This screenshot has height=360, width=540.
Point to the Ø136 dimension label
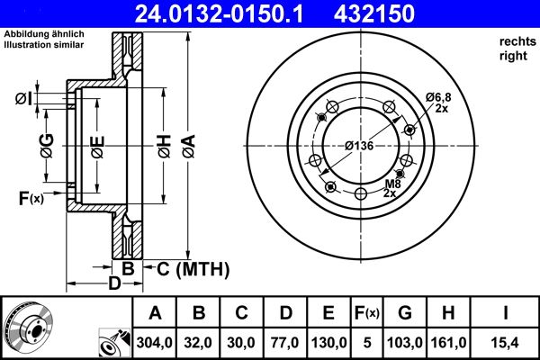pos(360,146)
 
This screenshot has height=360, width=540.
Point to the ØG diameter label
pos(45,143)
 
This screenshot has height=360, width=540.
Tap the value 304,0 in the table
pos(155,343)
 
